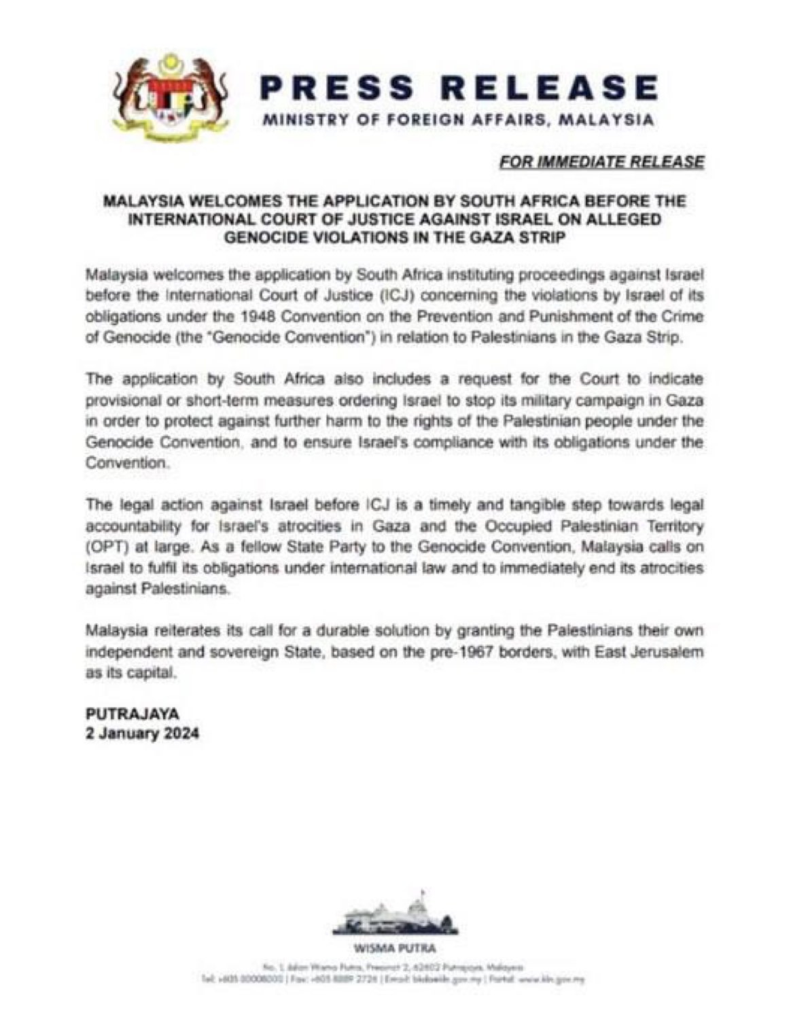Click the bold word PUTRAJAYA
pos(133,714)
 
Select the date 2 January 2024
pos(143,734)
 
